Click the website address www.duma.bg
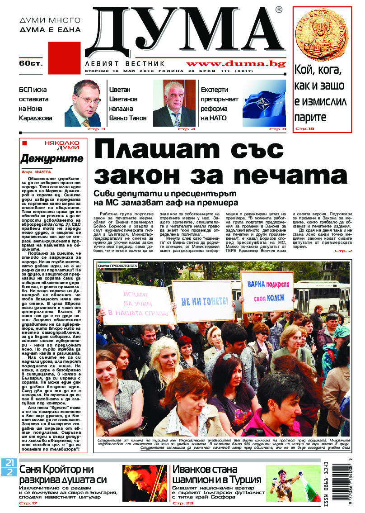pyautogui.click(x=235, y=64)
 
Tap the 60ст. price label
pyautogui.click(x=31, y=63)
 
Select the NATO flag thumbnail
pyautogui.click(x=264, y=104)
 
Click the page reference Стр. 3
pyautogui.click(x=97, y=129)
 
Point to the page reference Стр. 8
pyautogui.click(x=277, y=129)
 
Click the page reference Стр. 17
pyautogui.click(x=28, y=503)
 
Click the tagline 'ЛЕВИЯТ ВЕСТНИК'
pyautogui.click(x=125, y=64)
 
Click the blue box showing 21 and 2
pyautogui.click(x=9, y=467)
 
